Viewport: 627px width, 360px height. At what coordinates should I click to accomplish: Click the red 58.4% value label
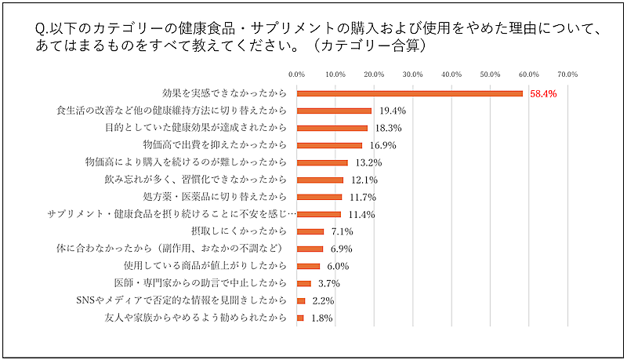543,93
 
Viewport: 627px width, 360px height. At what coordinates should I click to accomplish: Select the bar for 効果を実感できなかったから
410,93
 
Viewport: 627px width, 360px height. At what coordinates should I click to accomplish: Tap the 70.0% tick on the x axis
567,75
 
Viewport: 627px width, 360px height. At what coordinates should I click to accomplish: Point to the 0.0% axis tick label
297,75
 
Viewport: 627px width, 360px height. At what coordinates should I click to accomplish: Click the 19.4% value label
392,111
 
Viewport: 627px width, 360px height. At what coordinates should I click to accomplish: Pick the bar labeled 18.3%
332,128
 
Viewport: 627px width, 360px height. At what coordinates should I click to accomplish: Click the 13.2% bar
322,162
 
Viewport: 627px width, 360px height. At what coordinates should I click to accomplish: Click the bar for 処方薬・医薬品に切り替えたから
320,197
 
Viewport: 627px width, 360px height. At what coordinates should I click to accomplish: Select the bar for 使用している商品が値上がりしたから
309,266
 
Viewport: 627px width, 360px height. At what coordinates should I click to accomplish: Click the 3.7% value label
327,283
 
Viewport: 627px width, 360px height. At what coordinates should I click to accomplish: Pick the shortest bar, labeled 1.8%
300,318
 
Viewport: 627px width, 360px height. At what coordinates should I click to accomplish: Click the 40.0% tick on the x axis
451,75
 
